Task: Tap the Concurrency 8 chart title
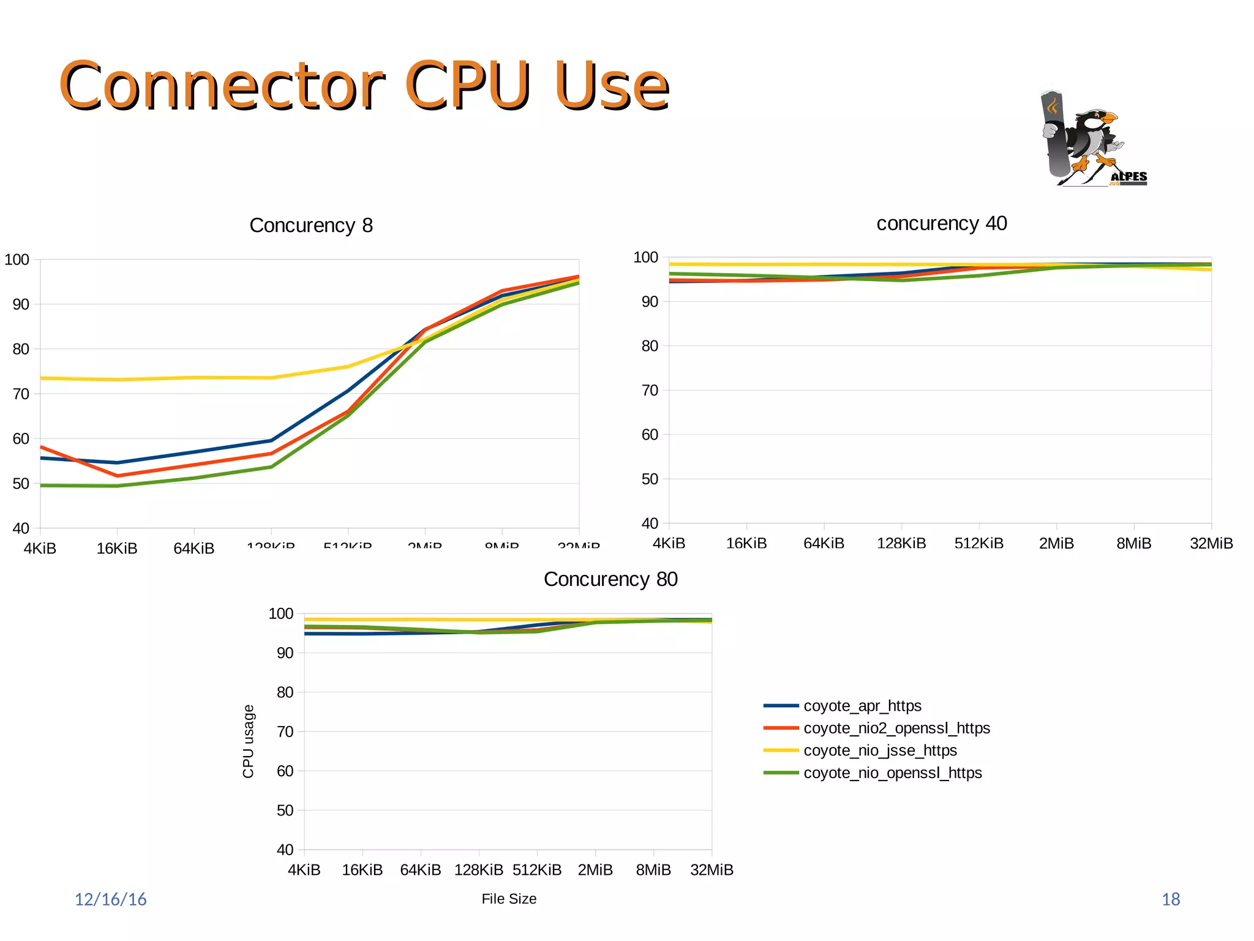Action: pyautogui.click(x=311, y=225)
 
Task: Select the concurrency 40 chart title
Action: pyautogui.click(x=941, y=223)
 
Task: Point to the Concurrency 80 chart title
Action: pyautogui.click(x=610, y=579)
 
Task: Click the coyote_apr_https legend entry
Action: pyautogui.click(x=862, y=706)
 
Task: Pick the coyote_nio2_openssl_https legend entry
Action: pyautogui.click(x=896, y=728)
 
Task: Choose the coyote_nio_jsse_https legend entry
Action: pyautogui.click(x=879, y=751)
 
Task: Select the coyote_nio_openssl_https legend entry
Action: pyautogui.click(x=892, y=773)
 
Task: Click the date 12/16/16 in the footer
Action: pyautogui.click(x=111, y=899)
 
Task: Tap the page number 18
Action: pyautogui.click(x=1171, y=899)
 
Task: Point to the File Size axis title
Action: pyautogui.click(x=509, y=899)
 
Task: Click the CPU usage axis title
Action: pyautogui.click(x=248, y=741)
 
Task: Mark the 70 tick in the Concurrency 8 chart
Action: pyautogui.click(x=21, y=394)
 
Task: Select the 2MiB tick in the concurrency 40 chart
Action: pyautogui.click(x=1056, y=543)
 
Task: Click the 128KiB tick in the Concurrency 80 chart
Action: pyautogui.click(x=478, y=870)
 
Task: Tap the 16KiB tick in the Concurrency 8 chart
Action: pyautogui.click(x=117, y=548)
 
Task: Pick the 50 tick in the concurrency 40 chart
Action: pyautogui.click(x=650, y=479)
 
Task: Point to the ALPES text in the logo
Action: pyautogui.click(x=1128, y=177)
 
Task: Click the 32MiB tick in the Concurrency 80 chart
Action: pyautogui.click(x=711, y=870)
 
